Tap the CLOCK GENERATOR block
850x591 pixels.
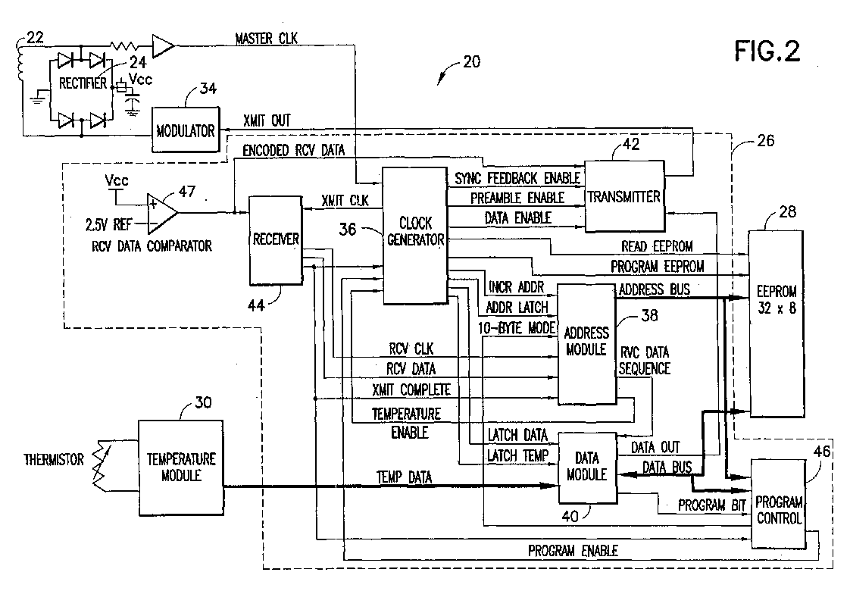click(x=414, y=236)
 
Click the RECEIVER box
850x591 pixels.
click(x=275, y=240)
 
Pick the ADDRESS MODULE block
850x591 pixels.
click(x=586, y=342)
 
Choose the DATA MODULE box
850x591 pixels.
click(x=587, y=467)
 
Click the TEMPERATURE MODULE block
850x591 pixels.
click(x=181, y=467)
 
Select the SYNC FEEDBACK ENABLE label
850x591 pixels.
click(x=517, y=178)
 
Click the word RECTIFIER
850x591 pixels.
click(x=84, y=85)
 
